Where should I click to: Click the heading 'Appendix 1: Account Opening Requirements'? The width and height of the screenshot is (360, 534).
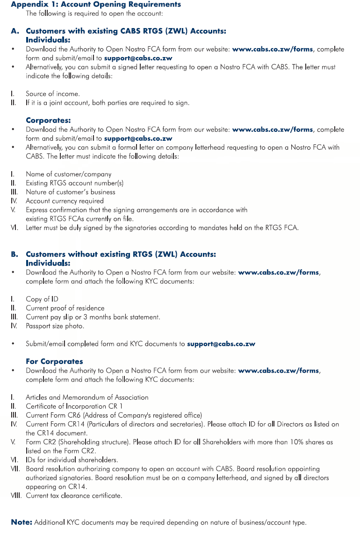96,4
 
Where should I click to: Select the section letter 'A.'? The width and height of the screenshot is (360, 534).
15,31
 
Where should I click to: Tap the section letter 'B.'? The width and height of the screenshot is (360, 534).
15,254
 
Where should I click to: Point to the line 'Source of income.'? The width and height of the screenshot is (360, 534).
52,94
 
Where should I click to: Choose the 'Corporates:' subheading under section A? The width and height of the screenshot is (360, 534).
48,120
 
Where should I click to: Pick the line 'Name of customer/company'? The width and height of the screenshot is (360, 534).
68,174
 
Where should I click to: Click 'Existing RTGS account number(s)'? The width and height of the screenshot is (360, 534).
74,183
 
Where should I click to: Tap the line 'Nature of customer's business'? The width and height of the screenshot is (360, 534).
70,192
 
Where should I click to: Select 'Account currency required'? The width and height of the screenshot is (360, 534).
65,201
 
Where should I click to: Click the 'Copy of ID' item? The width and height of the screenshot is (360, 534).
42,299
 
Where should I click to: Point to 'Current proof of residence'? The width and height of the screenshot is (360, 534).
65,308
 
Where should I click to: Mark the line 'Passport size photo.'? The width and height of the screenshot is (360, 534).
55,326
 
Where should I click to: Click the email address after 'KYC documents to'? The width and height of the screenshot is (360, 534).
221,344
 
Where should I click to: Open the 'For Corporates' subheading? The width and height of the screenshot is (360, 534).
54,361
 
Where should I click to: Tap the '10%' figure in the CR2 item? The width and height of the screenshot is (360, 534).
275,442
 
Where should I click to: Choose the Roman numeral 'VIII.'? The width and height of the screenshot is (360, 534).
17,496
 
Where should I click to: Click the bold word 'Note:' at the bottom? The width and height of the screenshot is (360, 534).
22,522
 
